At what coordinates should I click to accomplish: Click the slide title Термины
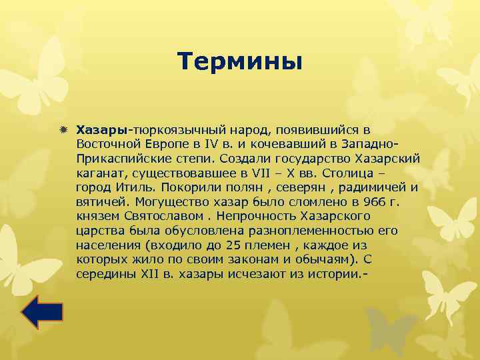point(240,61)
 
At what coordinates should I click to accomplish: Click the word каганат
point(99,172)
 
